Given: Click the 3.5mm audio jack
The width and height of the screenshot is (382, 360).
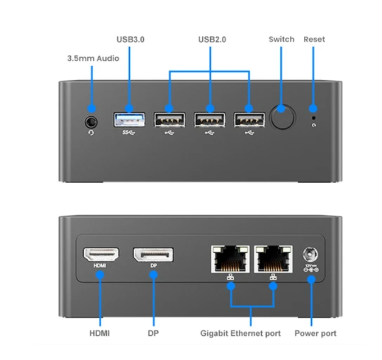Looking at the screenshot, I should point(91,120).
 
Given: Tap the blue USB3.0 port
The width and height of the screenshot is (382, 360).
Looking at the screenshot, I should point(129,120).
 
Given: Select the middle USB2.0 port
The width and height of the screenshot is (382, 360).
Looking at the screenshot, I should point(210,120).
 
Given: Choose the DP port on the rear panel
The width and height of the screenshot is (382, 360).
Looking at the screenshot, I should point(153,255).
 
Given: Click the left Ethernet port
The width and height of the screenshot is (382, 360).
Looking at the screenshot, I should point(230,258).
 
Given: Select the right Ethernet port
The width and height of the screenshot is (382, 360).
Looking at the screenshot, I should point(273,258).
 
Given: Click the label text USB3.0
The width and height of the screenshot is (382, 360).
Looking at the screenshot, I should point(130,39).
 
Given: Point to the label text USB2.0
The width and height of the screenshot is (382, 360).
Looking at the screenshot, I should point(211,39).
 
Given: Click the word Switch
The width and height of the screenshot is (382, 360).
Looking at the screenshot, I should point(281,39).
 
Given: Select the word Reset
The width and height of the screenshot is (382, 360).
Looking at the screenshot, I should point(314,39).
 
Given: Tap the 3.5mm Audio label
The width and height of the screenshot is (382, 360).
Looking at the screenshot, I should point(93,58).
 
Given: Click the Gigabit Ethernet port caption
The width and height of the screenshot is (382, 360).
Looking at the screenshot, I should point(240,334).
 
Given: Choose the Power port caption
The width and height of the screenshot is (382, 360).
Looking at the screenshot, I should point(315,334).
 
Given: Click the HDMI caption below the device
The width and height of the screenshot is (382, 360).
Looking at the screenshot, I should point(99,334).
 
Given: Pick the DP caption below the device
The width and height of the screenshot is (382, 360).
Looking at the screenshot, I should point(153,334).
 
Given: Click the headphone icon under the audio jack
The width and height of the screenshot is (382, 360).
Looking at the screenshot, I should point(91,133).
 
